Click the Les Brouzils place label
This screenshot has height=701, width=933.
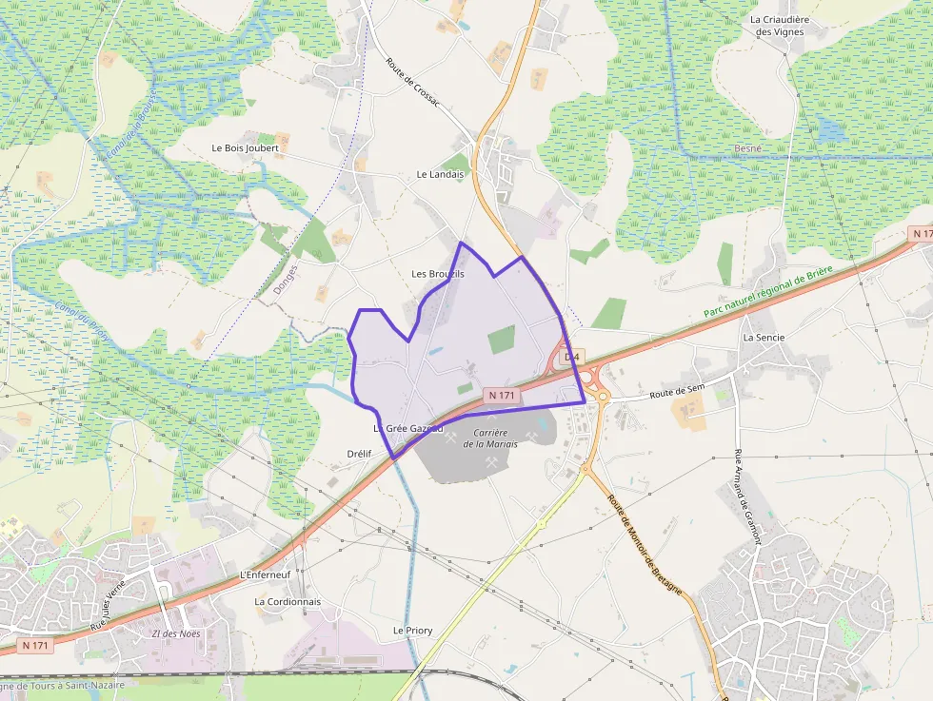(438, 274)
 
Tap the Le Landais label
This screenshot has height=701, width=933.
(440, 174)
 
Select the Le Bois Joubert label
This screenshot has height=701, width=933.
(246, 148)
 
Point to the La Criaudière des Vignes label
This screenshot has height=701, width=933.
(779, 26)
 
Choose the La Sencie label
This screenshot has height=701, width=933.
(763, 337)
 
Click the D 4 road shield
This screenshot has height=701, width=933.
(571, 357)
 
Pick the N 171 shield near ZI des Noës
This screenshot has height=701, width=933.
(34, 646)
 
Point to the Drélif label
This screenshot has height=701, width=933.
(359, 454)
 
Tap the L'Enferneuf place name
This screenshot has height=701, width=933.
(265, 575)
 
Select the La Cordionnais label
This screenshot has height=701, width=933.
(288, 602)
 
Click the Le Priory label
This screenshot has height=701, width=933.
(413, 631)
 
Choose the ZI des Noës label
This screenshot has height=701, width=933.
(176, 633)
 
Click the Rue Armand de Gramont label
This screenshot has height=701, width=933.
(749, 497)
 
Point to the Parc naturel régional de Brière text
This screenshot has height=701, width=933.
(768, 292)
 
